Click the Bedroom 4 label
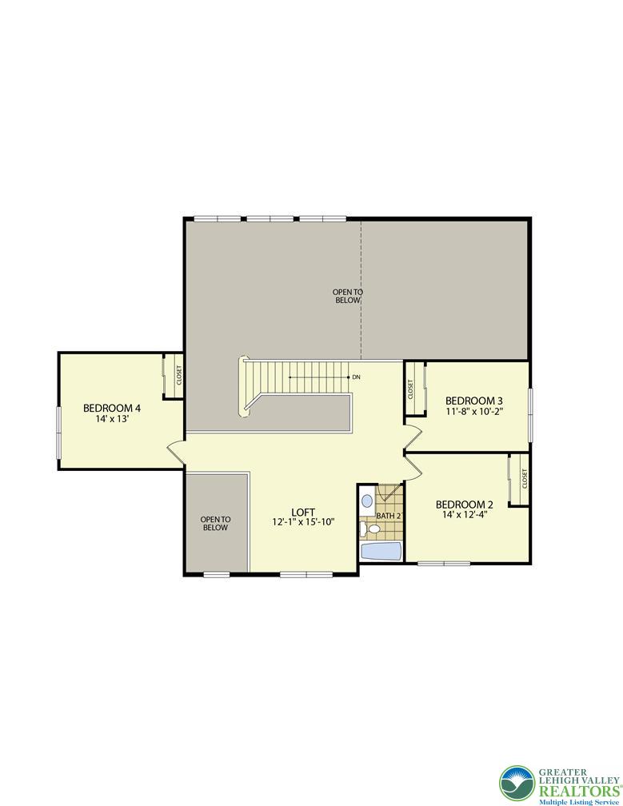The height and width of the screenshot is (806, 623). coord(112,408)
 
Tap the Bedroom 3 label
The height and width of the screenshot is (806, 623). coord(474,401)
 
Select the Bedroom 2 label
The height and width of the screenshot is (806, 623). coord(464,505)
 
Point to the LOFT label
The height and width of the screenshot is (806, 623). coord(303,512)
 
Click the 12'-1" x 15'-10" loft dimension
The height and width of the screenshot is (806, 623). coord(303,521)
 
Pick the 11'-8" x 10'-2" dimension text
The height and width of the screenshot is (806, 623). coord(474,411)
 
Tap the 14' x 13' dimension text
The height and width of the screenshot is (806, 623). coord(112,419)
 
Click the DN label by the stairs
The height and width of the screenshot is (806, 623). coord(356,377)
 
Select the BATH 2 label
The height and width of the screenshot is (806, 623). coord(389,516)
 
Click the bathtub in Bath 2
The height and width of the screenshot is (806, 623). coord(381,552)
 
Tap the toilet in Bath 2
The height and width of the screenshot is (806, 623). coord(370,529)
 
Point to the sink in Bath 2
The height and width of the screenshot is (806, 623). coord(367,501)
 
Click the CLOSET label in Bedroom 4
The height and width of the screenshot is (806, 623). coord(179,375)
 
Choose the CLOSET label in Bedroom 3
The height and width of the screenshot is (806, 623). coord(410,389)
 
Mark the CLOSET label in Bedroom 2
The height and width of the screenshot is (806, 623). coord(525,478)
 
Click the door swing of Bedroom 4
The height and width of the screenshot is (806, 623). coord(175,452)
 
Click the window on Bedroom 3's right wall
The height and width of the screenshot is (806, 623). coord(530,414)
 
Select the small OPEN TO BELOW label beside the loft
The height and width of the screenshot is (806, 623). coord(215,523)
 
